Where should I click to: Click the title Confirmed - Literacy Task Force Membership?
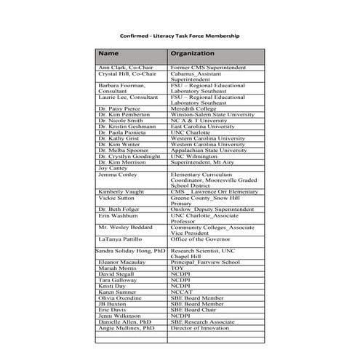[x=179, y=35]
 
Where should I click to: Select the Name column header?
[x=108, y=54]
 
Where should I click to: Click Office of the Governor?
[x=201, y=239]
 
